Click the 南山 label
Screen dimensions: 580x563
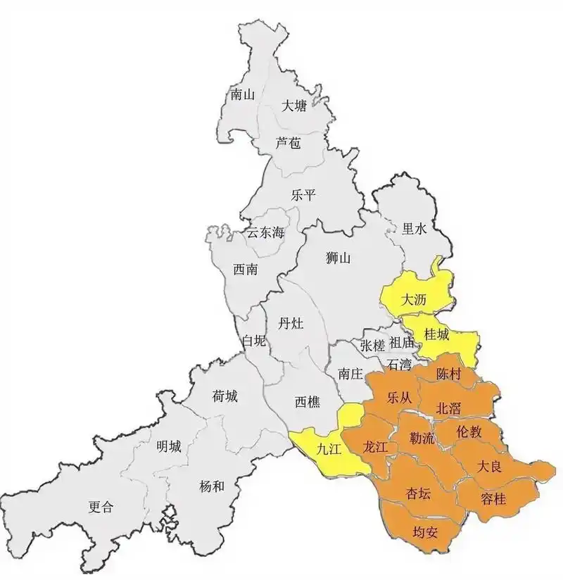click(x=242, y=94)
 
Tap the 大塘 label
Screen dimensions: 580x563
click(x=294, y=106)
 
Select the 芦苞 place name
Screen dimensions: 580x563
click(x=289, y=143)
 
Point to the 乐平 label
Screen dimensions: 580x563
click(x=303, y=196)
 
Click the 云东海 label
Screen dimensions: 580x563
click(x=265, y=233)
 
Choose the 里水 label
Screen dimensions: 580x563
click(x=414, y=228)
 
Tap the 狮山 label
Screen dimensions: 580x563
click(x=339, y=258)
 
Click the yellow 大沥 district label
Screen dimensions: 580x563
click(x=414, y=299)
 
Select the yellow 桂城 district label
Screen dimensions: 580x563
click(x=436, y=335)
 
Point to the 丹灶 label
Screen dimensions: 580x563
click(x=291, y=324)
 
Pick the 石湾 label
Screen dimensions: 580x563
click(x=399, y=364)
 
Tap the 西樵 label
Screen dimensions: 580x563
click(x=307, y=402)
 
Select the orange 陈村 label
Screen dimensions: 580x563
click(x=448, y=374)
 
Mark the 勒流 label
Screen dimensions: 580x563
click(x=422, y=438)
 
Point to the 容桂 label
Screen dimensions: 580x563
click(x=493, y=498)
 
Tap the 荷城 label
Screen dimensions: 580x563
click(x=225, y=397)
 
